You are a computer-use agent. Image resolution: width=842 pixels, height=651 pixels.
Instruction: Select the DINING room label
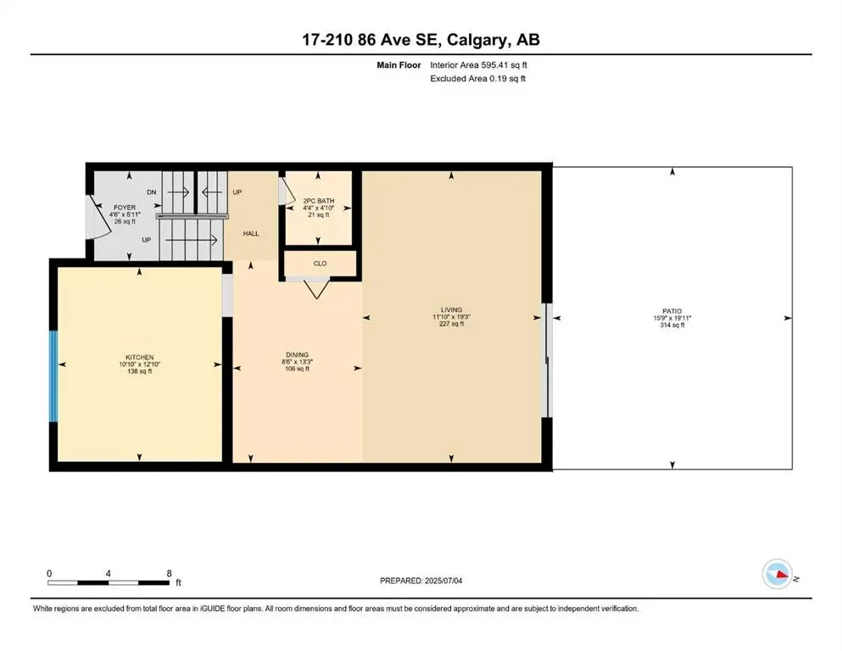(x=297, y=355)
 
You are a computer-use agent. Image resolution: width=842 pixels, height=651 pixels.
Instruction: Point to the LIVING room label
(x=450, y=310)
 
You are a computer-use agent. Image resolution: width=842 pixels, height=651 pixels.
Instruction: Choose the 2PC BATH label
(x=318, y=201)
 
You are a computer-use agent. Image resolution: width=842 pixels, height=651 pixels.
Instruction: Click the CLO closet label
(x=320, y=264)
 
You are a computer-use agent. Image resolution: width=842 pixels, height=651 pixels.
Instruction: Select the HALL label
(x=251, y=233)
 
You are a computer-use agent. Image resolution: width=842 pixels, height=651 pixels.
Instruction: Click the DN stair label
(x=152, y=193)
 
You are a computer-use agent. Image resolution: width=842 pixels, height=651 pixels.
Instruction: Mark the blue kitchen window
(x=53, y=376)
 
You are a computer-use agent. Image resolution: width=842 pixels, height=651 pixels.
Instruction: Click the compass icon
(x=776, y=574)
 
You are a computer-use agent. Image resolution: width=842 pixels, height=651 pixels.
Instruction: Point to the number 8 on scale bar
(x=169, y=572)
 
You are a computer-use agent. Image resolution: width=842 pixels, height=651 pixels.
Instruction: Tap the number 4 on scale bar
(x=109, y=572)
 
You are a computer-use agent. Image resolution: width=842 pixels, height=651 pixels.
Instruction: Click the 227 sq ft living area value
(x=450, y=325)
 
